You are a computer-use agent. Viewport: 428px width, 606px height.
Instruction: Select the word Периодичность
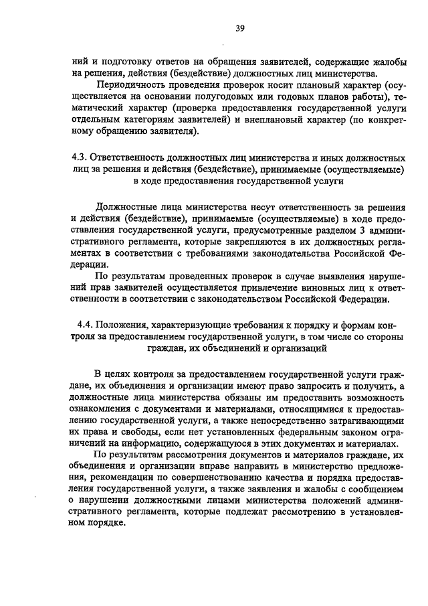131,86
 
